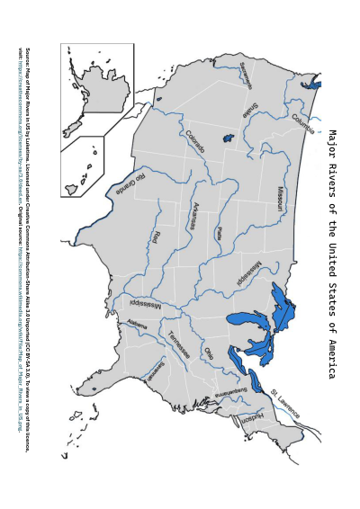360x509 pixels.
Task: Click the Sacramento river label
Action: [x=246, y=76]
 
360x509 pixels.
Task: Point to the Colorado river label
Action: [x=196, y=143]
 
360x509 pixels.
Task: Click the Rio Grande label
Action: [x=136, y=184]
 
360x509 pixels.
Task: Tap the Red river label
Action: [x=155, y=237]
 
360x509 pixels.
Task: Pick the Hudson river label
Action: [x=251, y=417]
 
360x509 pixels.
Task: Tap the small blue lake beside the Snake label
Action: [x=229, y=138]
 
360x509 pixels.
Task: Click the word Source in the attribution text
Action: [x=28, y=58]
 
